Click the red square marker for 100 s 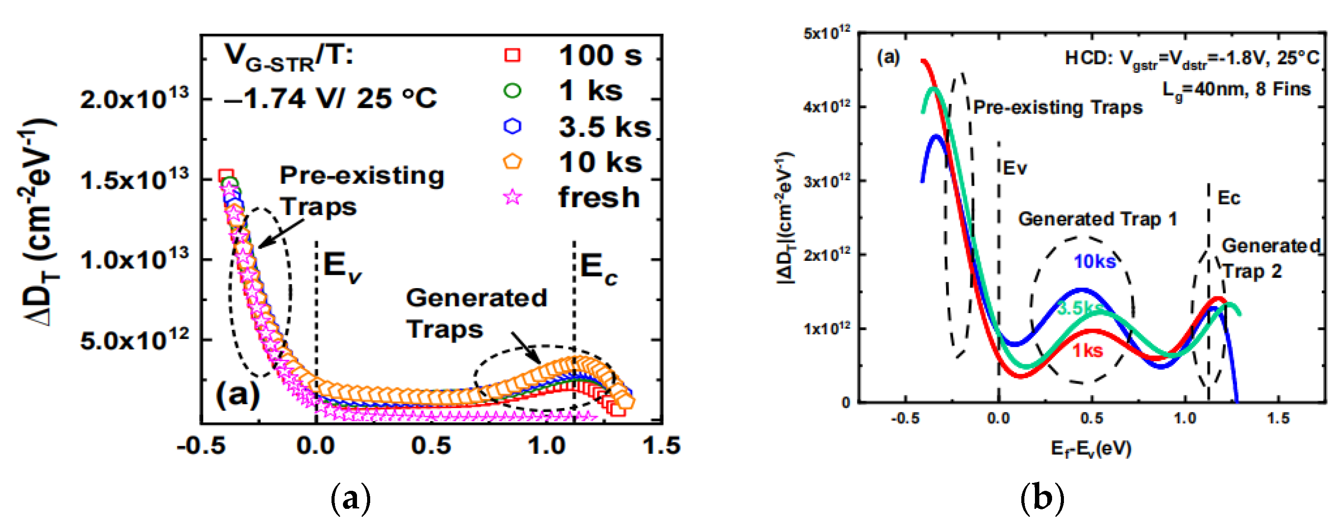(x=512, y=55)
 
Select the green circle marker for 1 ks (x=512, y=91)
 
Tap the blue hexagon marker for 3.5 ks (x=512, y=126)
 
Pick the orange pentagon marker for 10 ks (x=512, y=162)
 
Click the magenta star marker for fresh (x=512, y=197)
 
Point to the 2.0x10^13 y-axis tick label (x=134, y=99)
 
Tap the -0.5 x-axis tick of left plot (x=201, y=446)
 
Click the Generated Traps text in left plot (x=476, y=313)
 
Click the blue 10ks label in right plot (x=1094, y=261)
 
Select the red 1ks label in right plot (x=1088, y=351)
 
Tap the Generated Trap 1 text (x=1098, y=219)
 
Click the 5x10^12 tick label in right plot (x=827, y=33)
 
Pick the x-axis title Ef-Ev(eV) (x=1090, y=448)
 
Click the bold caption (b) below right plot (x=1042, y=498)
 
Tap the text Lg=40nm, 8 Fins (x=1237, y=90)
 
